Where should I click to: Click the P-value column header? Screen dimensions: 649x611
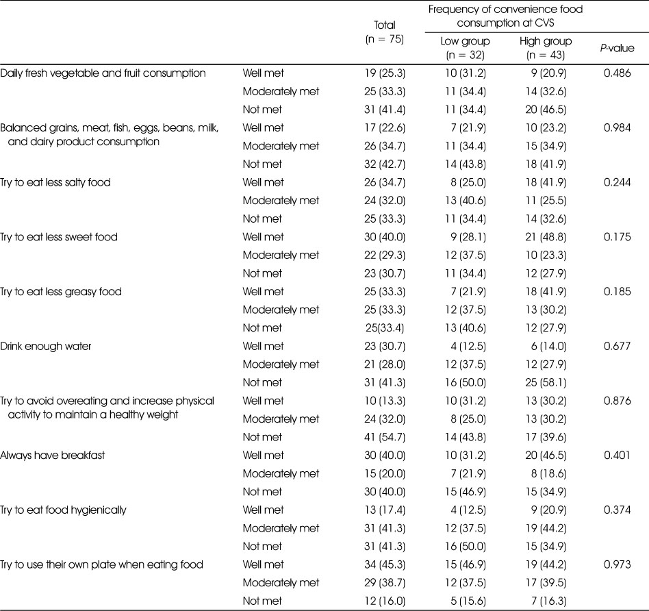point(617,48)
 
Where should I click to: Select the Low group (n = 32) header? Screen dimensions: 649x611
point(466,48)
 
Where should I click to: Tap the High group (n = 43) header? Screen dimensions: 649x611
point(546,48)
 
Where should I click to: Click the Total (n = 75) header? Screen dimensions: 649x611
point(385,32)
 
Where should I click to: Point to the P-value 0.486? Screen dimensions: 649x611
point(617,73)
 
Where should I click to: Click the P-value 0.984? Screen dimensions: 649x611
point(617,127)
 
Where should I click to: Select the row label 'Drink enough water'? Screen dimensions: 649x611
point(46,347)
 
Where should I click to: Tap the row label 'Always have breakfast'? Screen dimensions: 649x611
point(53,456)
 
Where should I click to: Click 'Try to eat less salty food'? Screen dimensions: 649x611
point(55,182)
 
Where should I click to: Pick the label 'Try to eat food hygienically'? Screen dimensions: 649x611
point(64,510)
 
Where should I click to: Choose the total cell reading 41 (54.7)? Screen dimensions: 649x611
point(385,437)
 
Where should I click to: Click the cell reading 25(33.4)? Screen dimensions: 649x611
point(385,327)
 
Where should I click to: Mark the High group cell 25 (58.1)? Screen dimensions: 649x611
point(546,382)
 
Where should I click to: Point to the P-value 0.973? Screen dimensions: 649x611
point(617,564)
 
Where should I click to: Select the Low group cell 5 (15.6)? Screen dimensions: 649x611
point(468,601)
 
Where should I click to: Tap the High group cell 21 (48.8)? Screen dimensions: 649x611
point(546,237)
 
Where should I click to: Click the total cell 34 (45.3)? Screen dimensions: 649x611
point(385,564)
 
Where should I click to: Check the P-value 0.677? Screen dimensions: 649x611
point(617,346)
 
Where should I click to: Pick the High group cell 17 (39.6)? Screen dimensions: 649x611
point(546,437)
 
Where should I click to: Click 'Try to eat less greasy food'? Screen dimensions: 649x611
point(61,292)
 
